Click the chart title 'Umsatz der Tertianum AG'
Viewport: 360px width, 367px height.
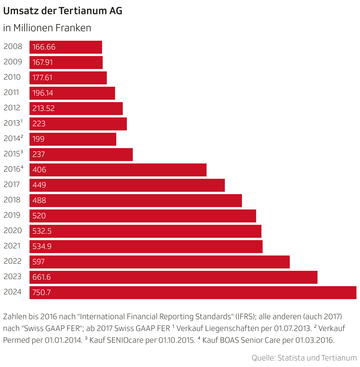pyautogui.click(x=63, y=11)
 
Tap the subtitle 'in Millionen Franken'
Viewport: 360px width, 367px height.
pyautogui.click(x=47, y=28)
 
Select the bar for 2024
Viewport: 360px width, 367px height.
pyautogui.click(x=193, y=293)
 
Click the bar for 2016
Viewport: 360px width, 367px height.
pyautogui.click(x=118, y=170)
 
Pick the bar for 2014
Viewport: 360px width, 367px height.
pyautogui.click(x=73, y=139)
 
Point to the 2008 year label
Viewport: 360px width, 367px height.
pyautogui.click(x=13, y=47)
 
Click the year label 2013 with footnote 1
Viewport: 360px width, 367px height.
pyautogui.click(x=13, y=123)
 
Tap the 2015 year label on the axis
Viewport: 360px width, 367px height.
pyautogui.click(x=13, y=154)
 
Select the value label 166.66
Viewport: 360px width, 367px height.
pyautogui.click(x=44, y=47)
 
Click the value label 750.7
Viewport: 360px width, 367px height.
pyautogui.click(x=42, y=293)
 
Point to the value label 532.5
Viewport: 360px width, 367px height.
pyautogui.click(x=42, y=231)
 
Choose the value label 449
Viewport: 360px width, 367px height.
pyautogui.click(x=39, y=185)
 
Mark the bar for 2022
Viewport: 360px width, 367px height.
pyautogui.click(x=159, y=262)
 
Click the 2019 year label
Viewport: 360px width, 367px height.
pyautogui.click(x=12, y=215)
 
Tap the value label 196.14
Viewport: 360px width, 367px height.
pyautogui.click(x=43, y=93)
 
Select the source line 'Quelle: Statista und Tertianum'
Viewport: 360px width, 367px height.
pyautogui.click(x=304, y=358)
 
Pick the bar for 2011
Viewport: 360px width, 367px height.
pyautogui.click(x=72, y=93)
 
